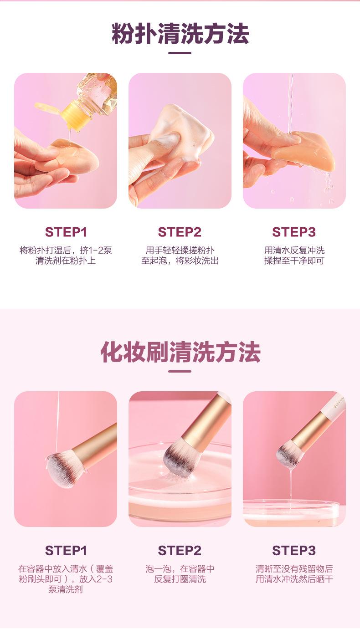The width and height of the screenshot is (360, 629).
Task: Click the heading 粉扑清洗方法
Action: coord(180,34)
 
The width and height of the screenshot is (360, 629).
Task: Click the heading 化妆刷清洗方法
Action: coord(180,352)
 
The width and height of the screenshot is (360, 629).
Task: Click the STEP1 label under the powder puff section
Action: coord(66,232)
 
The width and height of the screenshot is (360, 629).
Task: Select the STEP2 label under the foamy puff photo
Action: coord(180,232)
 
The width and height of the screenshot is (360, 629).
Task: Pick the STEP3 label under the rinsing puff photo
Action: coord(294,232)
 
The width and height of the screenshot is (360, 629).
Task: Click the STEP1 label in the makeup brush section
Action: coord(66,550)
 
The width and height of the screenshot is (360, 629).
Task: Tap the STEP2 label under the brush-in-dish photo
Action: coord(180,550)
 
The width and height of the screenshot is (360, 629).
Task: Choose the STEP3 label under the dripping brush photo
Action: coord(294,550)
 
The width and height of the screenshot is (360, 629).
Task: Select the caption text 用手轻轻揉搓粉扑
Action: coord(180,250)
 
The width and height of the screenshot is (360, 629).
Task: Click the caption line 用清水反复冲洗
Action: coord(294,250)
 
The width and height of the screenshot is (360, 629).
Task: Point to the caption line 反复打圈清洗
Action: coord(180,579)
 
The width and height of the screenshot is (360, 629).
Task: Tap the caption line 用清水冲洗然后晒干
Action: coord(294,579)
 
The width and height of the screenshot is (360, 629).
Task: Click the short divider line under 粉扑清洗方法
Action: coord(180,53)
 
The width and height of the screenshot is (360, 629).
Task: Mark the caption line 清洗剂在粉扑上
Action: coord(66,261)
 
